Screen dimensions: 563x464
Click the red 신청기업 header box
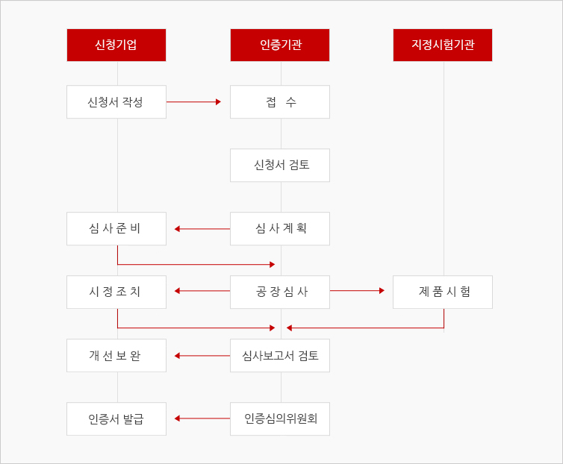[116, 46]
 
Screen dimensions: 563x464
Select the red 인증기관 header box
[280, 46]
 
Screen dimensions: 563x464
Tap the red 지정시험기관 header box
[443, 46]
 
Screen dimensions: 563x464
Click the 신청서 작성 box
[116, 102]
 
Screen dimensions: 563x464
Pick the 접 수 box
[280, 102]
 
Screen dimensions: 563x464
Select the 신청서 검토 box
[280, 165]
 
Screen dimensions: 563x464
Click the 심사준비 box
[116, 228]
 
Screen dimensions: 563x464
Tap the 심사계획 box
[280, 228]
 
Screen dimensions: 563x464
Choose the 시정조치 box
[116, 292]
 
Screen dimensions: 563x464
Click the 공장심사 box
[280, 292]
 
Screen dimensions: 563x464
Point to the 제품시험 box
[443, 292]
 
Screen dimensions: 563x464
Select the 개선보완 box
[116, 355]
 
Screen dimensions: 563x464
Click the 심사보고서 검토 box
[280, 355]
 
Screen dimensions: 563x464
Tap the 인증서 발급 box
[116, 418]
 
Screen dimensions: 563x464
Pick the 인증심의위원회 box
[280, 418]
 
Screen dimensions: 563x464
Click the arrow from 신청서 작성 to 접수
[193, 102]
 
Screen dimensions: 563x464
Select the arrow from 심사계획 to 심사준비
[202, 228]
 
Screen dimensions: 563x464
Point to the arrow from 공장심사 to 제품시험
[357, 291]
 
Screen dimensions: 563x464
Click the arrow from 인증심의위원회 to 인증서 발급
[202, 418]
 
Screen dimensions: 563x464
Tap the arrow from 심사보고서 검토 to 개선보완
[202, 356]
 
